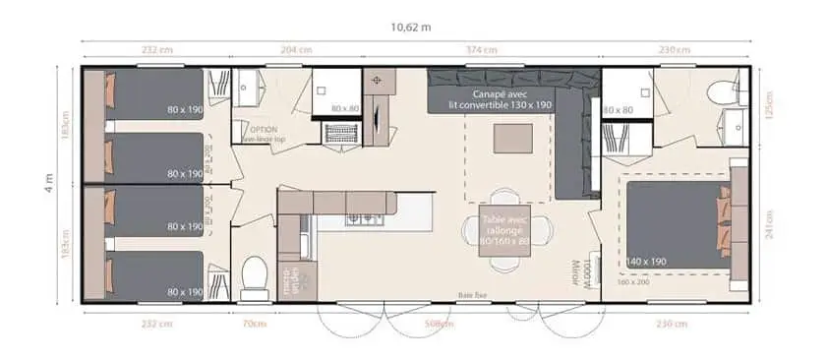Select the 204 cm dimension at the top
click(298, 48)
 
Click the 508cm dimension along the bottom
click(440, 324)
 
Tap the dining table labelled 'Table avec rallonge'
click(505, 229)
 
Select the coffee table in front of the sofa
click(511, 139)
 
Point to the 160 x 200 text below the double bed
click(634, 282)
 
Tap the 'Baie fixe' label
click(473, 293)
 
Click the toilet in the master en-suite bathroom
click(724, 93)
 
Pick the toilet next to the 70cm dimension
click(255, 274)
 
